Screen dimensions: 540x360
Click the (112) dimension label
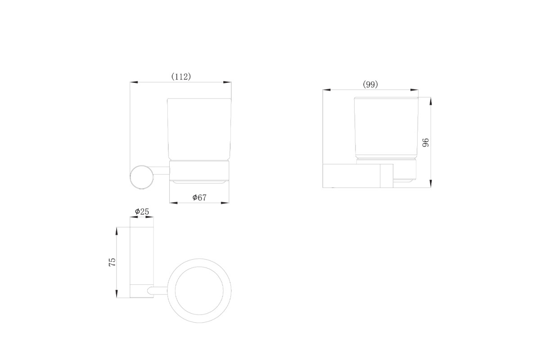tap(181, 76)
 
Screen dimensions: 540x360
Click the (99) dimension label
tap(370, 85)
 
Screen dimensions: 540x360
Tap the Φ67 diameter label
tap(199, 198)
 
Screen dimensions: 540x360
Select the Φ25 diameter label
tap(142, 211)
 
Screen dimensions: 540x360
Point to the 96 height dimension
tap(426, 143)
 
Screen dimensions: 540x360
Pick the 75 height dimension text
tap(112, 262)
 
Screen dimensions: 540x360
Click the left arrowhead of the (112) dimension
tap(134, 82)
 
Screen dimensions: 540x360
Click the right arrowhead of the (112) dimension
tap(227, 82)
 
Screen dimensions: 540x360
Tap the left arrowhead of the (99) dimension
tap(327, 90)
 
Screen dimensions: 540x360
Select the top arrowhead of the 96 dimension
tap(431, 101)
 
